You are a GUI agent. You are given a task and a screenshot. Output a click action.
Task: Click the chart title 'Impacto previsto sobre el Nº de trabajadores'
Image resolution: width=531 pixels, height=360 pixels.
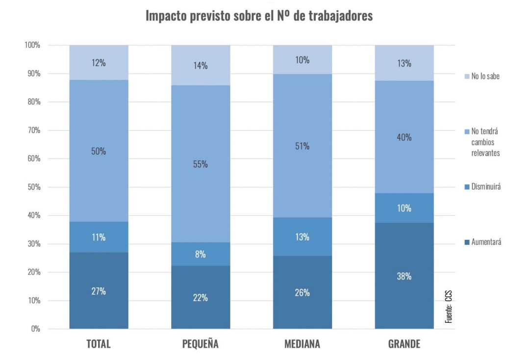[259, 17]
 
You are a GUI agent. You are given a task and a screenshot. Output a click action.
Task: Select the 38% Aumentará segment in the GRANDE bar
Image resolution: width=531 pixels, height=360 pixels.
[405, 276]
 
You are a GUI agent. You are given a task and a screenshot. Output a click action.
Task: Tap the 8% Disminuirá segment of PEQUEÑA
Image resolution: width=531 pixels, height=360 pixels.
[200, 254]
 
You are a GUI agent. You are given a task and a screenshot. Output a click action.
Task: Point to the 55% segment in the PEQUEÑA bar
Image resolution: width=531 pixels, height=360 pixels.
[200, 164]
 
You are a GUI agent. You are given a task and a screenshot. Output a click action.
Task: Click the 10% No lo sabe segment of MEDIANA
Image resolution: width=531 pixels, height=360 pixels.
[303, 60]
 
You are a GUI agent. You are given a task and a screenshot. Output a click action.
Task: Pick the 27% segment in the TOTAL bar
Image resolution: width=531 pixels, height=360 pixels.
[99, 290]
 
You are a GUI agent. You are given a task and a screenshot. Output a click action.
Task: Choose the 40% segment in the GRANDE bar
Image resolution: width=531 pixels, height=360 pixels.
[405, 137]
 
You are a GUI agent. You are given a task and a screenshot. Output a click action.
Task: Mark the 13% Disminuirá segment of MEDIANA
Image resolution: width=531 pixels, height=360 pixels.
[303, 237]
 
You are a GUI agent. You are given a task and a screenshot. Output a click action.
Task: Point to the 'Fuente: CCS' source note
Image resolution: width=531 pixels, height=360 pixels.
[449, 306]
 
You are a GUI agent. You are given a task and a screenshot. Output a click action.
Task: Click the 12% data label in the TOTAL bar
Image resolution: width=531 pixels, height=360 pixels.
[99, 63]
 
